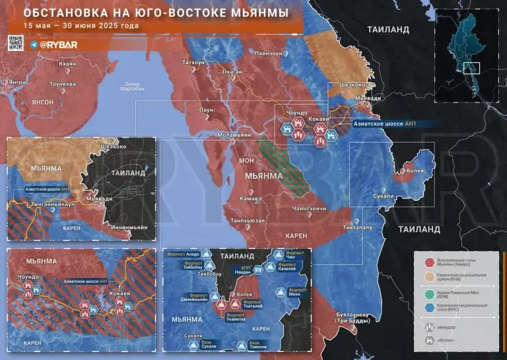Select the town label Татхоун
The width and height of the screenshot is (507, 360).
click(x=193, y=61)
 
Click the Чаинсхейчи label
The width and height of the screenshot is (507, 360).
click(x=310, y=207)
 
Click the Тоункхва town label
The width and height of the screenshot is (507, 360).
click(x=64, y=84)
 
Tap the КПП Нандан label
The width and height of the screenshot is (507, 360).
click(x=242, y=271)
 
